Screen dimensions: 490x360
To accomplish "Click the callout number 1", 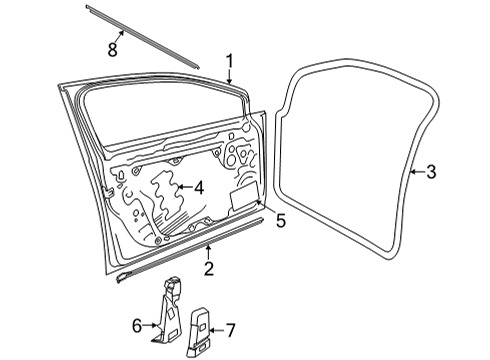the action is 229,62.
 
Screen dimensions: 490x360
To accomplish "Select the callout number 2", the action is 209,269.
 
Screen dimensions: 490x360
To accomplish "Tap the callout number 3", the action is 431,172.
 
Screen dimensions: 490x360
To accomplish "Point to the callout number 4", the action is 199,188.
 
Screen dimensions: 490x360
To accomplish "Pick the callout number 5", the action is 281,221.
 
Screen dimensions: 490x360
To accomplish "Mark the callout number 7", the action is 231,330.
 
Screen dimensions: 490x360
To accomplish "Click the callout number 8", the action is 113,50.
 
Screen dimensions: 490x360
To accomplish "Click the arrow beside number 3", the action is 417,172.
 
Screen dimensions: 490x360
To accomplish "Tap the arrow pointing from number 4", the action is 184,187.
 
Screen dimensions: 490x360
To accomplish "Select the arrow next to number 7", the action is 217,330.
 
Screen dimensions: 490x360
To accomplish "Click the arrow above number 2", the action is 209,252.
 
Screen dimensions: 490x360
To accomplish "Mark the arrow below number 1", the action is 229,77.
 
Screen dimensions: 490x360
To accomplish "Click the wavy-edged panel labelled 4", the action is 166,195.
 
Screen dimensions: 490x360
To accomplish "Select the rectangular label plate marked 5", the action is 245,197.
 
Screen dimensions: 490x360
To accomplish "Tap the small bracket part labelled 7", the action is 200,332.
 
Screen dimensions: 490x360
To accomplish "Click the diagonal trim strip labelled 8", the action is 143,37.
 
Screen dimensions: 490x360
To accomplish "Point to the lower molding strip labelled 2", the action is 190,250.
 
